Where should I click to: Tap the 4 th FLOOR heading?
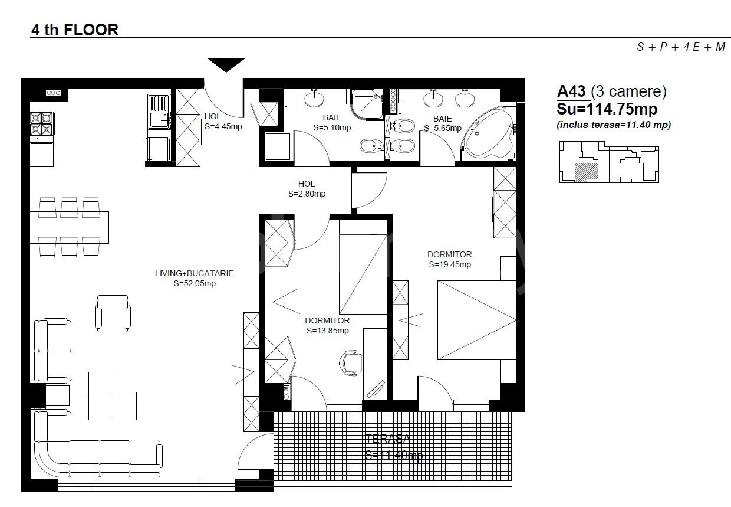click(x=75, y=30)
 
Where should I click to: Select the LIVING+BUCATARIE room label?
click(x=194, y=273)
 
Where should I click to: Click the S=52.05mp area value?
click(x=195, y=283)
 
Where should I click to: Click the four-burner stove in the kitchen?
click(x=42, y=123)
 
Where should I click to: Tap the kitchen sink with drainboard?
click(x=159, y=111)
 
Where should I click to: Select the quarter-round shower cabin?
click(x=367, y=103)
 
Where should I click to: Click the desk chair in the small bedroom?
click(x=351, y=362)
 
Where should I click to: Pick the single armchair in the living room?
click(x=113, y=313)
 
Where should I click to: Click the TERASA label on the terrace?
click(x=388, y=439)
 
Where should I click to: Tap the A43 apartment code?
click(x=571, y=91)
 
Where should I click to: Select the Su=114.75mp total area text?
click(x=607, y=109)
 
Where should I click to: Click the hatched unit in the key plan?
click(x=586, y=172)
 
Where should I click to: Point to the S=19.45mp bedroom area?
click(x=450, y=264)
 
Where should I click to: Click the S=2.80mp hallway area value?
click(x=307, y=194)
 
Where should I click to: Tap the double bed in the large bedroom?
click(x=477, y=320)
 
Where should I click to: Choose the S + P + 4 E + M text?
click(x=681, y=47)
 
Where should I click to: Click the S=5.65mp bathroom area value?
click(x=443, y=129)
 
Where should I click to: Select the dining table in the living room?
click(x=69, y=227)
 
